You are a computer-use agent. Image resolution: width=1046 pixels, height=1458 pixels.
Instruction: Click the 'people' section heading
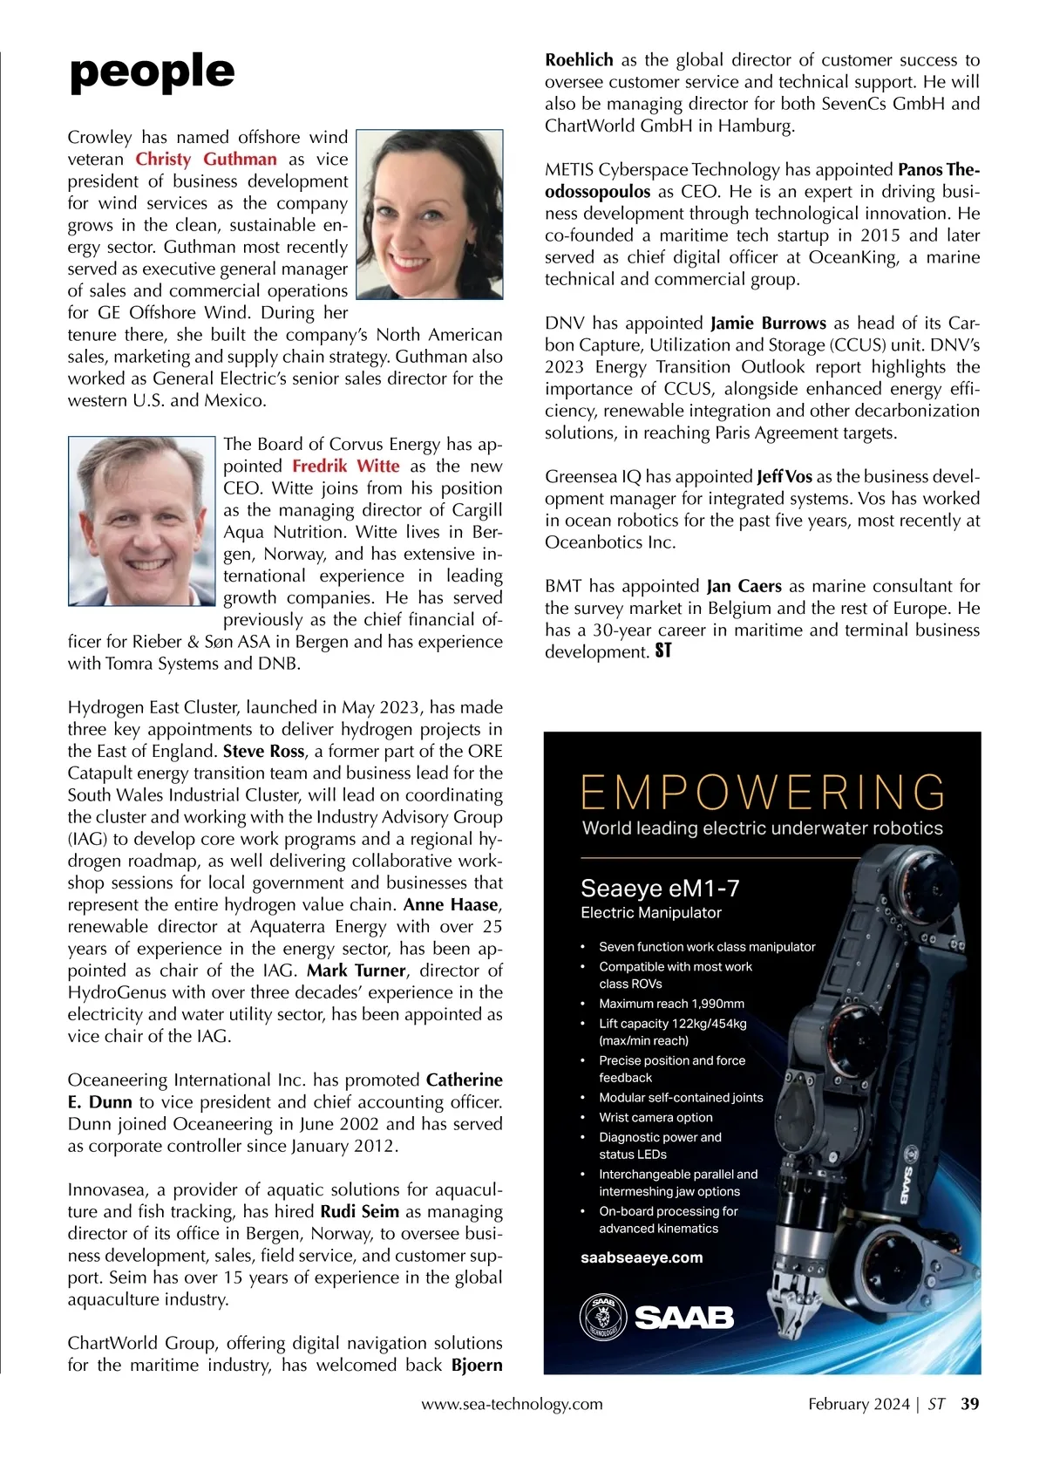tap(152, 72)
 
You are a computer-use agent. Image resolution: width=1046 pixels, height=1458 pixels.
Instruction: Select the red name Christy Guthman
tap(206, 160)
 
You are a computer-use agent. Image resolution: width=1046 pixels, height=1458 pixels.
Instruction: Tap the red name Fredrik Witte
tap(345, 467)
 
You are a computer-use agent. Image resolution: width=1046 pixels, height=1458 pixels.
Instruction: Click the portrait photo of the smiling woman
tap(430, 215)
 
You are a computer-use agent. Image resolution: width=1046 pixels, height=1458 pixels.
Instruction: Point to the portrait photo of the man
tap(142, 521)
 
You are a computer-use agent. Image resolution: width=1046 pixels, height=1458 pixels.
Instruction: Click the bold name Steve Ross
tap(263, 752)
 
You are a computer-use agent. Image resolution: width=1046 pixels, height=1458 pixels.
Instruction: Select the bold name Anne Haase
tap(450, 905)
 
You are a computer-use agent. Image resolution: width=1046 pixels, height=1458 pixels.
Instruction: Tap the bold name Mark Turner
tap(356, 971)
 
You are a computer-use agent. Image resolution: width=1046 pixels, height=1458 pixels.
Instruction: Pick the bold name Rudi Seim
tap(359, 1212)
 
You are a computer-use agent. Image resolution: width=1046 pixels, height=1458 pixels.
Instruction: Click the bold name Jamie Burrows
tap(768, 324)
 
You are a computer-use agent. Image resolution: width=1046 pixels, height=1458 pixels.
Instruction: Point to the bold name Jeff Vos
tap(784, 477)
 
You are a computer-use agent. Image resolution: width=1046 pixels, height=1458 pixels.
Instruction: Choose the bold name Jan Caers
tap(744, 587)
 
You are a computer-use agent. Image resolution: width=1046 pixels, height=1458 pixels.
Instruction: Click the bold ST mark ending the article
tap(663, 651)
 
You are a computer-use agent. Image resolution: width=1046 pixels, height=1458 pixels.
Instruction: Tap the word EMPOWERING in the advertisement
tap(763, 793)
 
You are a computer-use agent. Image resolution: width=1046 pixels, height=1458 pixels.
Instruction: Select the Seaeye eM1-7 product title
tap(660, 889)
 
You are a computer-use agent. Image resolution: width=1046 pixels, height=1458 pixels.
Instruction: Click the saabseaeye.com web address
tap(642, 1257)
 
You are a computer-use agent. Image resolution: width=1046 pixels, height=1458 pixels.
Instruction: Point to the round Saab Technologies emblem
tap(602, 1317)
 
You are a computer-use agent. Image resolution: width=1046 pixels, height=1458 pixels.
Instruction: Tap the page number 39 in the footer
tap(969, 1405)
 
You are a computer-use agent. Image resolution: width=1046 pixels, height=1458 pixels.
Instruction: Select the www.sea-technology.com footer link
tap(512, 1405)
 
